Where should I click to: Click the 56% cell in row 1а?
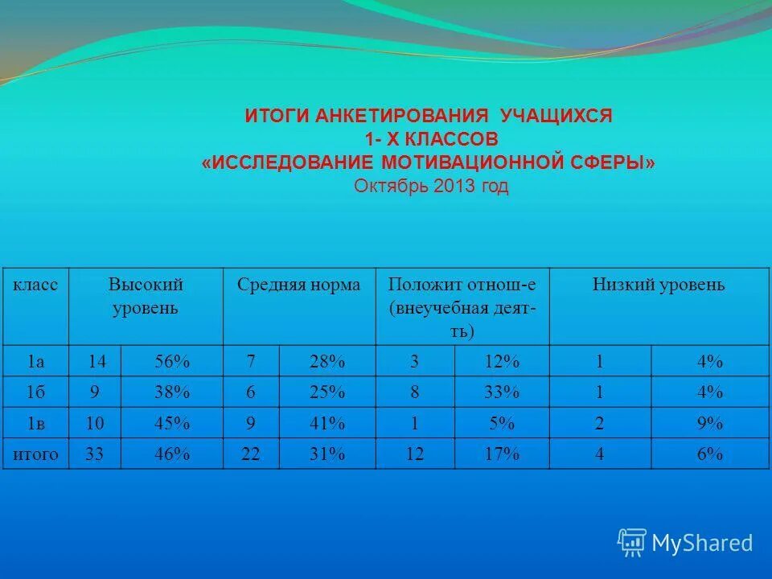pos(172,362)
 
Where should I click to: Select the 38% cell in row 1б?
pos(172,392)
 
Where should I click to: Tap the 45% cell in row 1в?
pos(172,423)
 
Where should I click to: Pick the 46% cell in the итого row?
pos(172,454)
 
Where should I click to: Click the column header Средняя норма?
pos(298,285)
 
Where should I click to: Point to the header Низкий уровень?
pos(659,285)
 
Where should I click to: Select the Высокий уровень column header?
pos(146,296)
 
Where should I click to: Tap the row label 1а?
pos(35,362)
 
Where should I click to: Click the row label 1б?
pos(35,392)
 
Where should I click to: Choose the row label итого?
pos(35,454)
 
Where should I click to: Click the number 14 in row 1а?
pos(96,362)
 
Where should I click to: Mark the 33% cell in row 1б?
pos(502,392)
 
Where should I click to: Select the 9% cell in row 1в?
pos(709,423)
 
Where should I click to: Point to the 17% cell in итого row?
pos(502,454)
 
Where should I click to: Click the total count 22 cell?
pos(251,454)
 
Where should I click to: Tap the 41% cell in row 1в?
pos(326,423)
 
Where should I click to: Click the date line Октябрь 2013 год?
pos(431,187)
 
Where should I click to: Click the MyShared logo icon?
pos(632,543)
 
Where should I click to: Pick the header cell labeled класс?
pos(35,285)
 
